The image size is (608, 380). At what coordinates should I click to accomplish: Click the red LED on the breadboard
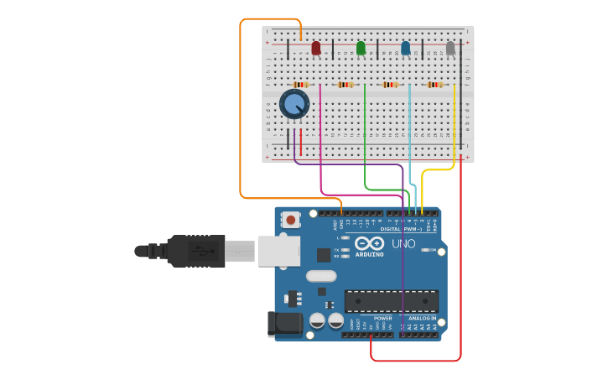[316, 49]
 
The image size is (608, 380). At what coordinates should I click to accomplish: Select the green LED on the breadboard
[361, 49]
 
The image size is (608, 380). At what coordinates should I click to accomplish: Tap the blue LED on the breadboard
[406, 49]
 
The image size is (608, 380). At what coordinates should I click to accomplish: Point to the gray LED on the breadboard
[450, 49]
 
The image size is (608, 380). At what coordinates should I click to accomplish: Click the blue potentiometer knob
[294, 105]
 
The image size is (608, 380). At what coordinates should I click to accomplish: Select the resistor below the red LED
[301, 85]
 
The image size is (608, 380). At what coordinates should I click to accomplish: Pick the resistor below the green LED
[346, 85]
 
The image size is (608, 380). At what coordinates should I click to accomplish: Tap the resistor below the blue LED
[390, 85]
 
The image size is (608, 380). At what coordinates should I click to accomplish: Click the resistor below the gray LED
[434, 85]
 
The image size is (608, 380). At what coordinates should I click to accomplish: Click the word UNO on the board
[403, 244]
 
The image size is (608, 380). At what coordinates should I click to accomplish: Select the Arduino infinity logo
[369, 243]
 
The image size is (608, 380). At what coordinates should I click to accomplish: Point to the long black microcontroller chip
[391, 301]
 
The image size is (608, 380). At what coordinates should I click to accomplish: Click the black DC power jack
[283, 324]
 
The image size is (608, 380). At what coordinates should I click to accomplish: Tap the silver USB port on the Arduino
[278, 251]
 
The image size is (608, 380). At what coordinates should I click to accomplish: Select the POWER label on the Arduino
[382, 319]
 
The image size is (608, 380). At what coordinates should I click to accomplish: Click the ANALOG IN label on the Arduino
[422, 319]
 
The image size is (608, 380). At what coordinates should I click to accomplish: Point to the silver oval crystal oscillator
[321, 276]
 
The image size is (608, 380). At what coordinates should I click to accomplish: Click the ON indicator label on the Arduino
[434, 250]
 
